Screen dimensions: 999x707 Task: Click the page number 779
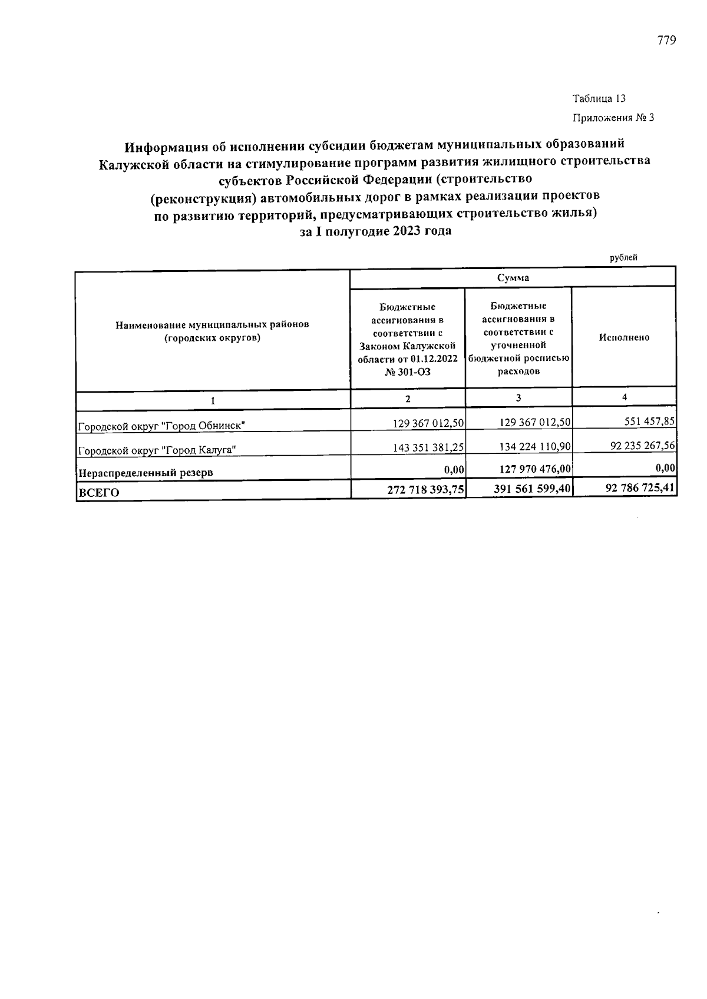(x=666, y=41)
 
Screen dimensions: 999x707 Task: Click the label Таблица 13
(x=599, y=99)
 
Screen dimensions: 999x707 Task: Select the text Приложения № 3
(x=613, y=118)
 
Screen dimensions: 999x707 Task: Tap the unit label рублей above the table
(x=623, y=258)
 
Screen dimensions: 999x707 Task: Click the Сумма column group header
(x=513, y=278)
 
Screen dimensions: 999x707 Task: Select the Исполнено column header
(x=624, y=338)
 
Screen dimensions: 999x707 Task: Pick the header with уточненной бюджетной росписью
(x=518, y=338)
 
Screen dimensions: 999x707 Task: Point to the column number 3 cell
(x=518, y=399)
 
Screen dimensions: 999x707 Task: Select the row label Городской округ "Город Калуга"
(x=158, y=450)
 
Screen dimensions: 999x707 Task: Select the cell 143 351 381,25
(x=428, y=447)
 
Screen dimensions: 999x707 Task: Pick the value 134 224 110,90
(x=535, y=447)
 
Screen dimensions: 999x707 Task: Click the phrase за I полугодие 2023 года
(x=375, y=231)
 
